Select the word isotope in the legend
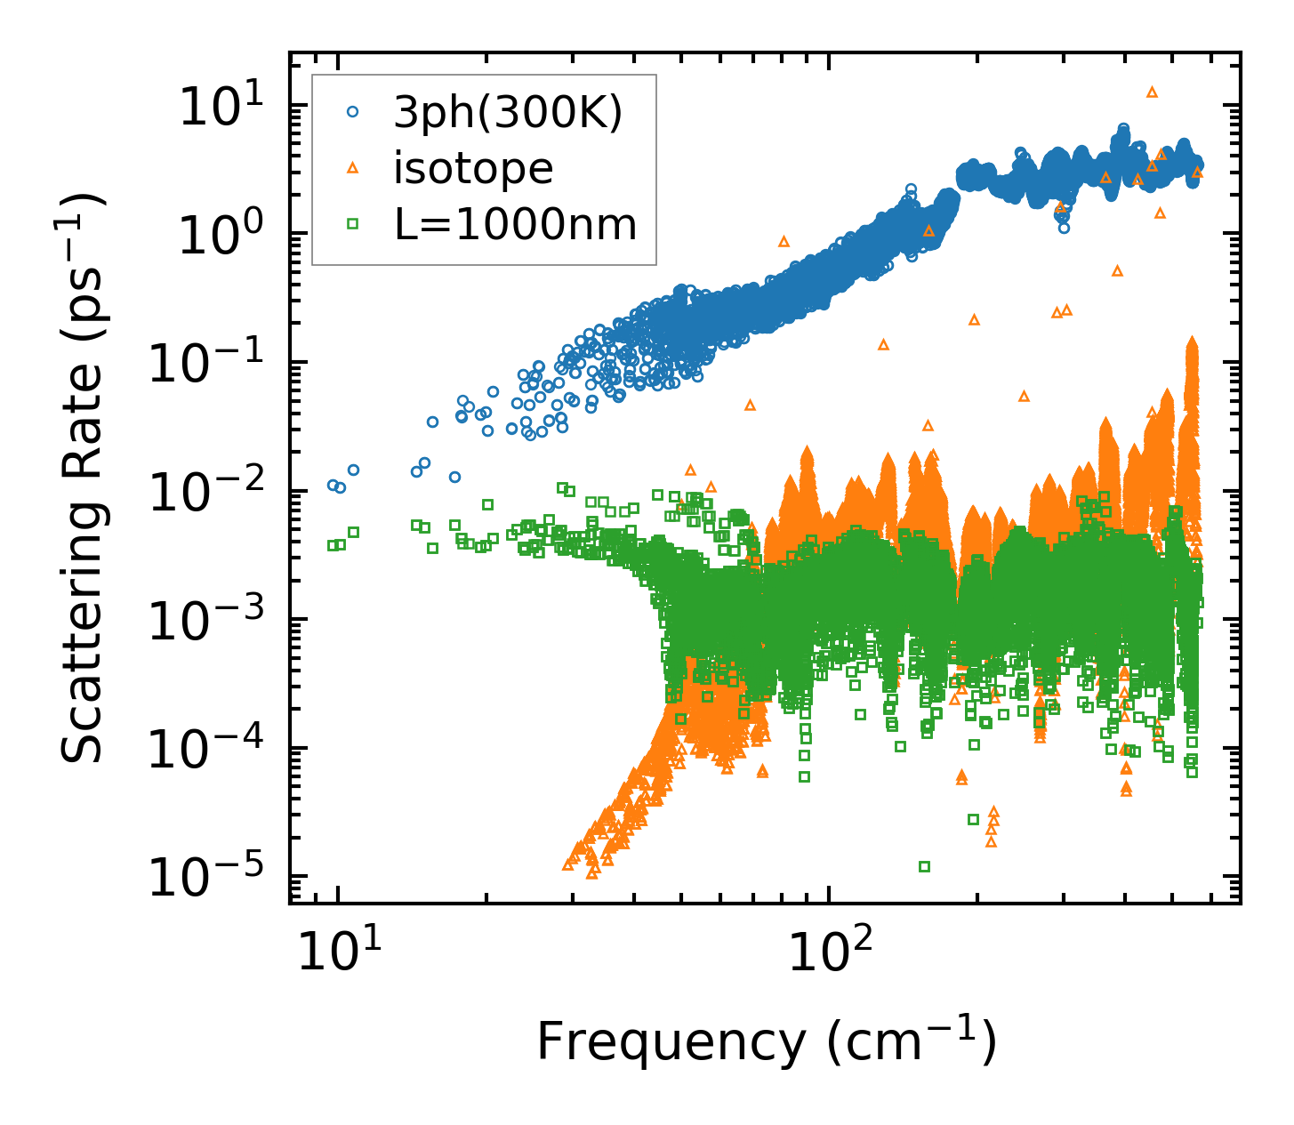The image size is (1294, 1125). click(x=473, y=168)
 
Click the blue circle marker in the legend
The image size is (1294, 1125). click(x=352, y=112)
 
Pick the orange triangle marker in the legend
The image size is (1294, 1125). click(x=352, y=168)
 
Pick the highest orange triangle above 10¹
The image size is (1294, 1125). click(x=1152, y=92)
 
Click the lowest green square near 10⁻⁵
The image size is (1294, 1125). click(x=924, y=866)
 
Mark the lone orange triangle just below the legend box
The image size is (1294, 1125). click(x=784, y=241)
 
